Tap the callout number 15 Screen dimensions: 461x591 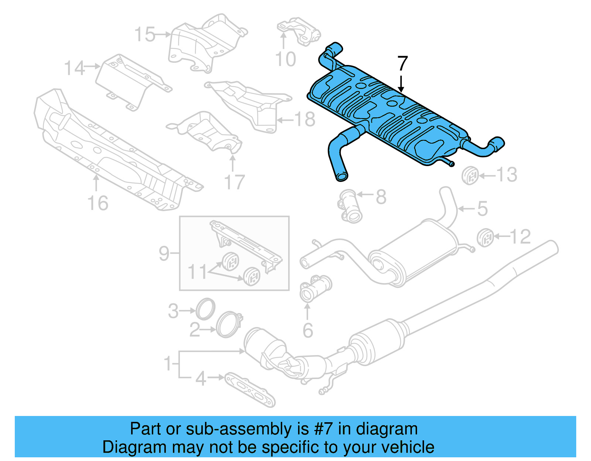click(145, 35)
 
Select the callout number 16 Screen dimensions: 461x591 click(98, 203)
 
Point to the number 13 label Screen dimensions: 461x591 click(506, 175)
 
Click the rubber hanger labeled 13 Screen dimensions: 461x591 click(470, 176)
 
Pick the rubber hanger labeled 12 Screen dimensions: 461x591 click(485, 237)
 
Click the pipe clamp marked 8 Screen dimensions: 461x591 click(350, 206)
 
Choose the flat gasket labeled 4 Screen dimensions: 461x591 click(250, 389)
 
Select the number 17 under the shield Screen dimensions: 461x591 click(235, 182)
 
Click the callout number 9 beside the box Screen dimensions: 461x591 click(164, 253)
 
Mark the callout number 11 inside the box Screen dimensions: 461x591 click(198, 272)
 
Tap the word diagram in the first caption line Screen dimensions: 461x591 click(387, 429)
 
